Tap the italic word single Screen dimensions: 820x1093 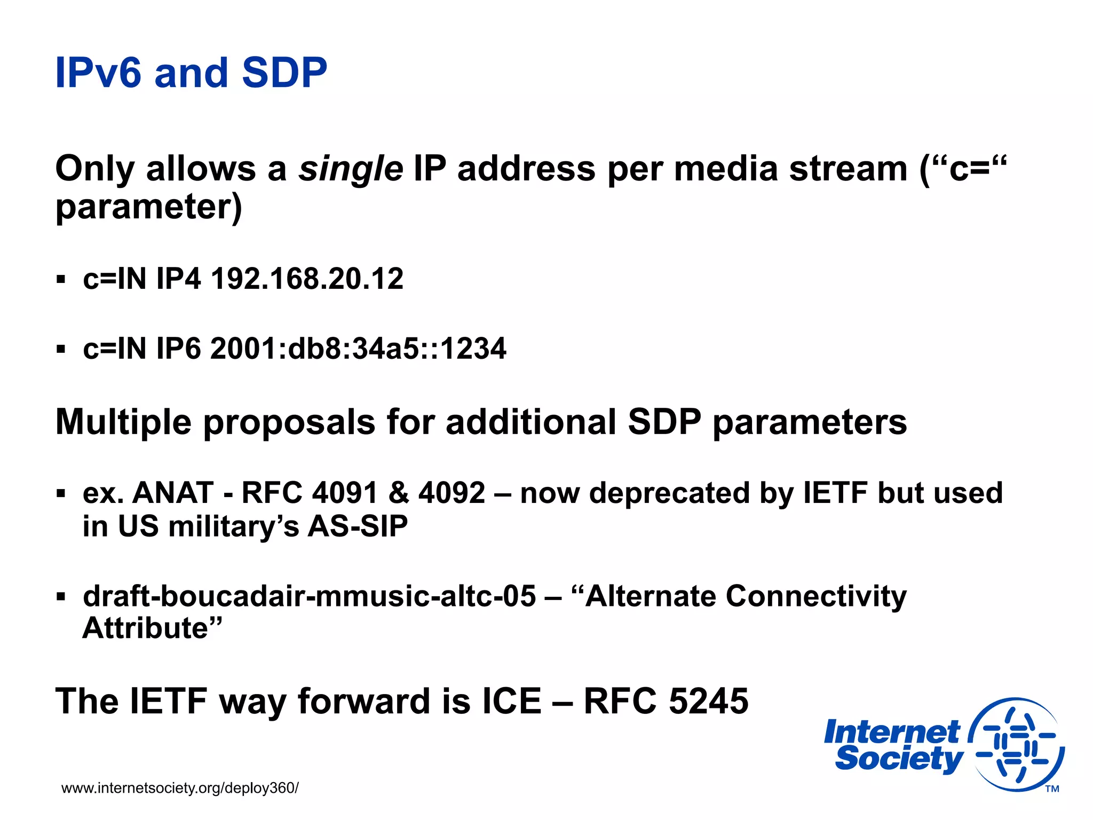tap(351, 170)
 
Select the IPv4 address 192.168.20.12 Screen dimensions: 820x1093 tap(307, 279)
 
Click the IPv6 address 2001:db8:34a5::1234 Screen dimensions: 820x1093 tap(358, 349)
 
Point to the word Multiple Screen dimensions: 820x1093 tap(123, 422)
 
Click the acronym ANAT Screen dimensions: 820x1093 tap(172, 493)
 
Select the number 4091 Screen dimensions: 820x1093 tap(345, 493)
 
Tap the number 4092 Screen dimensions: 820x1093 tap(452, 493)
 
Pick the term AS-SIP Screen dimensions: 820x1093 tap(358, 526)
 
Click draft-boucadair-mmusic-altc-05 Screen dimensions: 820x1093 tap(309, 596)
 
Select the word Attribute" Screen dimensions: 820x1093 tap(152, 628)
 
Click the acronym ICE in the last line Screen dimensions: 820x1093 tap(512, 701)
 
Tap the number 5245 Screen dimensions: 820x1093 tap(708, 701)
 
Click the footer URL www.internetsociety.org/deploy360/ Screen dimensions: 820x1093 tap(180, 788)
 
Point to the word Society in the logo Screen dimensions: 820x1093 tap(899, 759)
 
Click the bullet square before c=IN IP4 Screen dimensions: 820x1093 tap(61, 279)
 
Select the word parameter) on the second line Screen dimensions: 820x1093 tap(149, 207)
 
